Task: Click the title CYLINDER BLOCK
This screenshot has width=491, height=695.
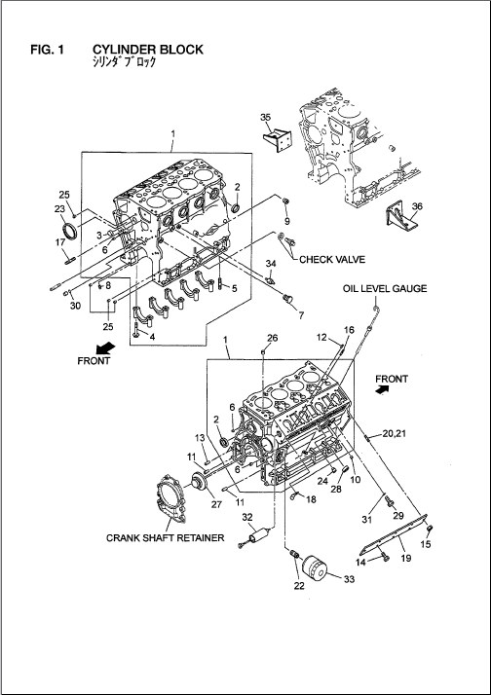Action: tap(148, 50)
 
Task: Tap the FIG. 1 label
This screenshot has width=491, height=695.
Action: tap(47, 50)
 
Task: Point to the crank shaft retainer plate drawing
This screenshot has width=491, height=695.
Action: tap(172, 496)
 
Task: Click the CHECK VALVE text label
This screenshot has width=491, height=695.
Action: tap(332, 259)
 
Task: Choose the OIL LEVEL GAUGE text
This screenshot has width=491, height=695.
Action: tap(385, 288)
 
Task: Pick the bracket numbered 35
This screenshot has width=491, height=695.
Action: tap(278, 138)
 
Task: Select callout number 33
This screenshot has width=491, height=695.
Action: tap(349, 579)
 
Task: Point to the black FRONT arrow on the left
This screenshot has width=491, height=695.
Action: tap(105, 347)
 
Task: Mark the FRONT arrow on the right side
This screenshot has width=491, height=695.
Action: tap(382, 389)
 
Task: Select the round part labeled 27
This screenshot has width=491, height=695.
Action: tap(202, 484)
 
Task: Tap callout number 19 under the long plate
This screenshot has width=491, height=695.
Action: tap(406, 558)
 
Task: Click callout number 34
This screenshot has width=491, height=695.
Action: tap(271, 264)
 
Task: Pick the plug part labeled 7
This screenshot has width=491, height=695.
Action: tap(288, 299)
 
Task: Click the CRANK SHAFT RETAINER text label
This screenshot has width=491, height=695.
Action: tap(165, 537)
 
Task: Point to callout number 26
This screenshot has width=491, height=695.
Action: tap(272, 338)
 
